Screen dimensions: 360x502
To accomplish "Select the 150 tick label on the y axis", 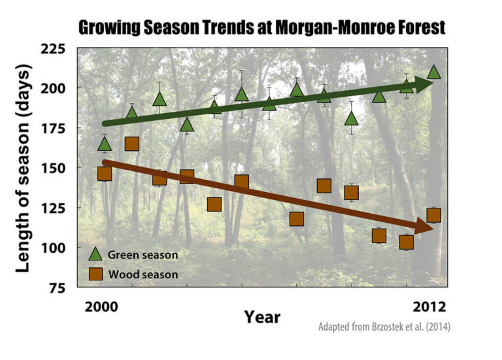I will [60, 169].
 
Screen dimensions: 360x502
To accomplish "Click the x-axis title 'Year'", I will [262, 318].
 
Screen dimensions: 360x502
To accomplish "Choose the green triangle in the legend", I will [95, 254].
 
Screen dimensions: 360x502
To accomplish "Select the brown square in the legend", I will [95, 274].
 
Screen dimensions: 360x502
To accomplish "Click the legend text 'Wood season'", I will [142, 275].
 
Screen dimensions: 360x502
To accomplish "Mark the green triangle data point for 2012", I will [433, 72].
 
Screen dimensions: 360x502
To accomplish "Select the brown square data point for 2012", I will [433, 216].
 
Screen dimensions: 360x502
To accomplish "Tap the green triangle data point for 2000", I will [105, 144].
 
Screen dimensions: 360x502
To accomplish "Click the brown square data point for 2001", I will [131, 144].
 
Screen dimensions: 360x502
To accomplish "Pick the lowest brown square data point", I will [406, 242].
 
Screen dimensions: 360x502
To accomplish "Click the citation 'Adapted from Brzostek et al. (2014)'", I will [384, 327].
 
